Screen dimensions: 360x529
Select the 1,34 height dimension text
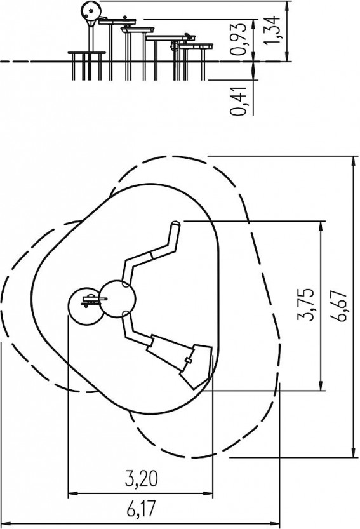point(272,30)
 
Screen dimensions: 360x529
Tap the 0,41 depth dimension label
point(238,101)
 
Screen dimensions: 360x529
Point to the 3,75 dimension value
point(305,304)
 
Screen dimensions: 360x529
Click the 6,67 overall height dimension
point(338,305)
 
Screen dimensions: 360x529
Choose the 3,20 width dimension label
point(142,479)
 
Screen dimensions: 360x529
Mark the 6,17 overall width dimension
point(142,509)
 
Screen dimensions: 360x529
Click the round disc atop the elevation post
point(91,11)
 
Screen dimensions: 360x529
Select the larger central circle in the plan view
point(117,299)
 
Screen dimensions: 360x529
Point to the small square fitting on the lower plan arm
point(189,361)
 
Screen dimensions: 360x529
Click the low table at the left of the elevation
point(87,53)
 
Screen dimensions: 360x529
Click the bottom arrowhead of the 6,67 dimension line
point(354,453)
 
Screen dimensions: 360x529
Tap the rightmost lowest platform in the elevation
point(195,46)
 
